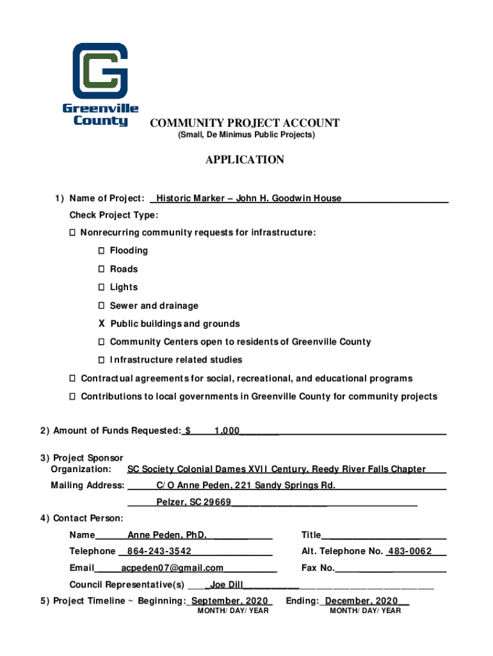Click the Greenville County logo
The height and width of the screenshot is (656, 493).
click(100, 83)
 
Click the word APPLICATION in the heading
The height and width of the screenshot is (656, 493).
click(245, 160)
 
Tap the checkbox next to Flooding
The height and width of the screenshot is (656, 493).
click(102, 250)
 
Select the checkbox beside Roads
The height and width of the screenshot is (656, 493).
click(102, 269)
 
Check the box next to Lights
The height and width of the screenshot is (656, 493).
click(102, 287)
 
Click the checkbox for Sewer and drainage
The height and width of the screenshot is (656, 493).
click(102, 306)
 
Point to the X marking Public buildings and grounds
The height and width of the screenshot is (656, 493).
click(102, 324)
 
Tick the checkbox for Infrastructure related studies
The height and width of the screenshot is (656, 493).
click(102, 360)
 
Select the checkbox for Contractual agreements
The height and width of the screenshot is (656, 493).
click(73, 379)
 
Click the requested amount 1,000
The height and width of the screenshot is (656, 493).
click(227, 431)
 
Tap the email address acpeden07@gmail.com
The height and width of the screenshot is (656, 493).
click(172, 568)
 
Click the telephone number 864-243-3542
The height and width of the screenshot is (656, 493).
click(159, 551)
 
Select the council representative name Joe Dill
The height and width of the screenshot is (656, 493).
click(227, 584)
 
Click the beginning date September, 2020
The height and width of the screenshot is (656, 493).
click(230, 601)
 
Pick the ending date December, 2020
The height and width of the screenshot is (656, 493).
click(362, 601)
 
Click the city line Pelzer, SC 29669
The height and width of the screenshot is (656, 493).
click(193, 502)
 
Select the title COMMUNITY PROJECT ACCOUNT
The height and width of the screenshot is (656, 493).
click(245, 123)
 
